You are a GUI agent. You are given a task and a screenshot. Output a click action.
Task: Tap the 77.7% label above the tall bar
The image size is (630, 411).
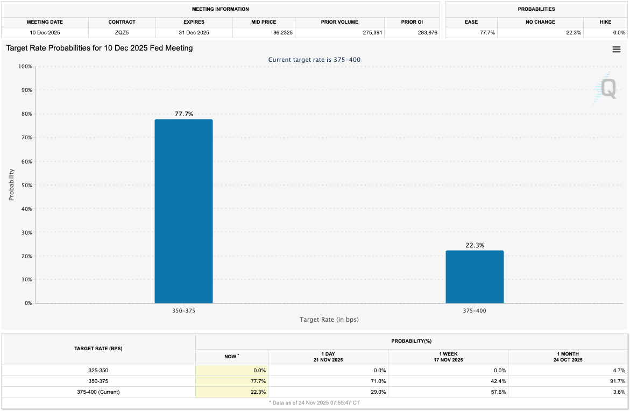(183, 114)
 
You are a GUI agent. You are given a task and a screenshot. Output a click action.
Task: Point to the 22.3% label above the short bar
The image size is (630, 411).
(475, 245)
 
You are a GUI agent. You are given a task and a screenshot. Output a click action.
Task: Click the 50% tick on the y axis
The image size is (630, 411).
(25, 185)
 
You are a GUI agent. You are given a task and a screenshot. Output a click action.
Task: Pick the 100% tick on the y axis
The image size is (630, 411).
(24, 67)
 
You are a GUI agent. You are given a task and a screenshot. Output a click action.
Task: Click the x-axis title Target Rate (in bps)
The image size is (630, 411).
(329, 320)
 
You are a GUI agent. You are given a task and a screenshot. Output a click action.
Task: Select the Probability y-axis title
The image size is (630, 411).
(11, 185)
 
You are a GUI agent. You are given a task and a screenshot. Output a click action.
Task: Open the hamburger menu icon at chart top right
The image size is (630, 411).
(617, 49)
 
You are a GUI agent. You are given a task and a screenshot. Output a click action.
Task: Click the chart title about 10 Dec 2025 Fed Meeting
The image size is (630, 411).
(100, 48)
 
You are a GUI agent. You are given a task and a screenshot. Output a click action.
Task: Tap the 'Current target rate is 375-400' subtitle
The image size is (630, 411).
(314, 60)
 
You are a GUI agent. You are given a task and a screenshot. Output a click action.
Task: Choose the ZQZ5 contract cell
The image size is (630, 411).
(122, 32)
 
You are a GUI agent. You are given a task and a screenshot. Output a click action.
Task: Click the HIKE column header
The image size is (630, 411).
(605, 22)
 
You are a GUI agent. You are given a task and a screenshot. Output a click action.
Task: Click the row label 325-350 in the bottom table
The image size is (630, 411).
(98, 370)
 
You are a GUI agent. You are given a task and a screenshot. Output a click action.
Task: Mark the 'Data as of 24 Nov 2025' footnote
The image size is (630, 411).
(314, 402)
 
